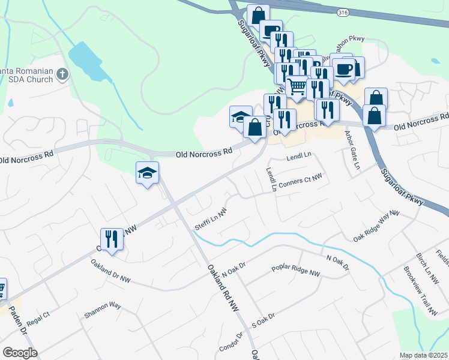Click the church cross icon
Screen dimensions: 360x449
pos(62,74)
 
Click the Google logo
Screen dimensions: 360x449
pos(20,353)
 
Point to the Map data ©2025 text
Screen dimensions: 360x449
pos(424,355)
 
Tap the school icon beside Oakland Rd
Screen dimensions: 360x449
pos(147,173)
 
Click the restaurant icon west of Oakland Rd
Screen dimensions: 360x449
pos(112,239)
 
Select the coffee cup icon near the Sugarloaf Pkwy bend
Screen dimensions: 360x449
pos(344,68)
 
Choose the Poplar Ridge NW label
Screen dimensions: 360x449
pos(296,271)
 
